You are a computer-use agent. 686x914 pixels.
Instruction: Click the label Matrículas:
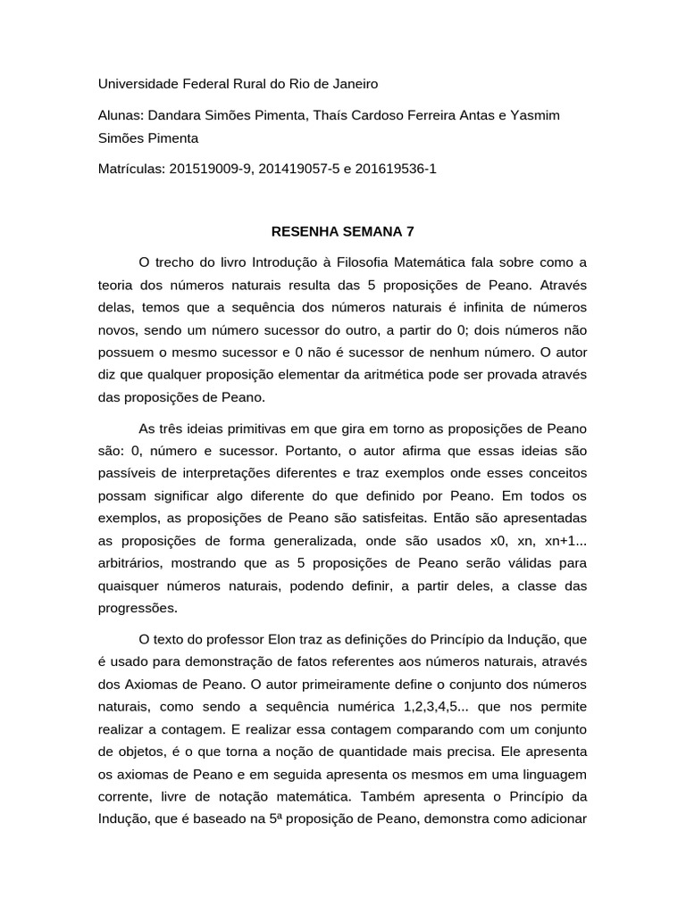pyautogui.click(x=130, y=169)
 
